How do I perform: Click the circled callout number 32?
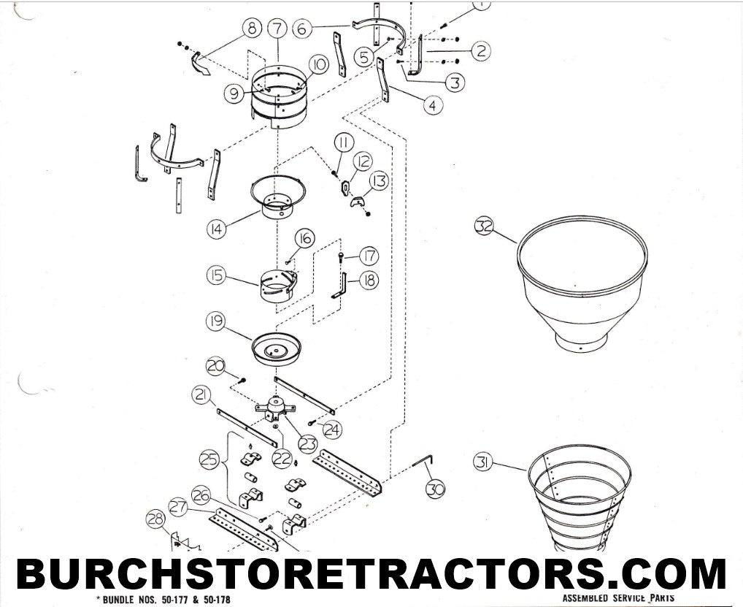tap(485, 226)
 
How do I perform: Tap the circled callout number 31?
tap(483, 462)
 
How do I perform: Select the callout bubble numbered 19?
tap(216, 321)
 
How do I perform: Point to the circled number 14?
tap(216, 229)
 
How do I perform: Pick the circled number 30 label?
tap(436, 489)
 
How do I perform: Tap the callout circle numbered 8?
tap(252, 28)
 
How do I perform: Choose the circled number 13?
tap(379, 180)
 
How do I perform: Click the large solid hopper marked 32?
tap(582, 283)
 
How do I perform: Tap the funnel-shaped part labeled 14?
tap(279, 196)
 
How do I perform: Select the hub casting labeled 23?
tap(275, 410)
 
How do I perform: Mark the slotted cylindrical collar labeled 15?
tap(278, 286)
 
